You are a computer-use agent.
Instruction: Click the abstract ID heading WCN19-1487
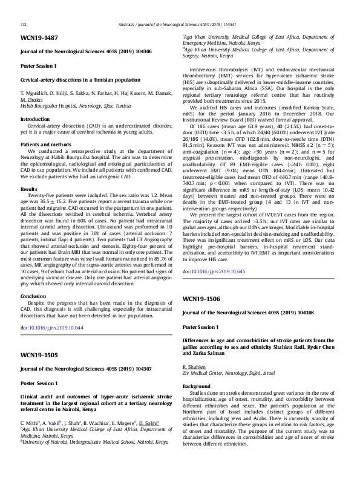[39, 38]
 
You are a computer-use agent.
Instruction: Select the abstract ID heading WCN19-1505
[39, 354]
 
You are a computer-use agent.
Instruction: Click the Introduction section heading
[36, 120]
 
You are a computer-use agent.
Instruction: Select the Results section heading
[29, 189]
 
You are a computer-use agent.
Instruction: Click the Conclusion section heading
[33, 296]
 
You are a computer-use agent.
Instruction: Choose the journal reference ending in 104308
[248, 313]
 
